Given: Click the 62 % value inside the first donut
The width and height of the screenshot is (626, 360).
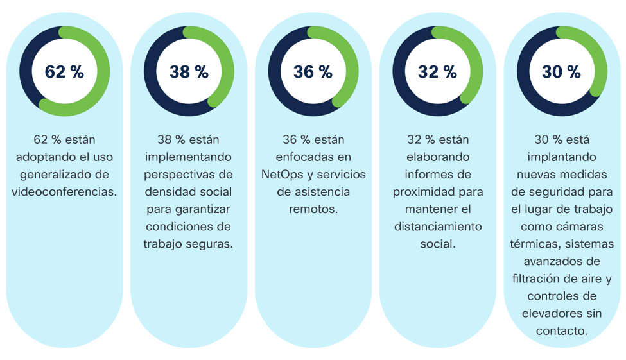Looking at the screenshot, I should coord(64,72).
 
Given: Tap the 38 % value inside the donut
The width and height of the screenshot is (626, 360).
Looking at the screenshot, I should coord(189,72).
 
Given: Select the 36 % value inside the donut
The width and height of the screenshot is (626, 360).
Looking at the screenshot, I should coord(313,72).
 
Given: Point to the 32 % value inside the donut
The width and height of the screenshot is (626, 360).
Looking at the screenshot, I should coord(437,72).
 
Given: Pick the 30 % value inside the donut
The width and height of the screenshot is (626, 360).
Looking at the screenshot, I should coord(561,72).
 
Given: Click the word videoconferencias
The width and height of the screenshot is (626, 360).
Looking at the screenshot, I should coord(64,191).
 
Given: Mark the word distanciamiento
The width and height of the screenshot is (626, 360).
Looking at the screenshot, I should coord(437,226).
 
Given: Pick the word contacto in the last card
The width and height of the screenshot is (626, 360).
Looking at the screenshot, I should coord(561,330).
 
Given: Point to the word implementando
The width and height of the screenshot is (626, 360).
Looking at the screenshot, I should coord(189,157).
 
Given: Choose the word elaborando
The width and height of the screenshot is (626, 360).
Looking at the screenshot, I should coord(437,157).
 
